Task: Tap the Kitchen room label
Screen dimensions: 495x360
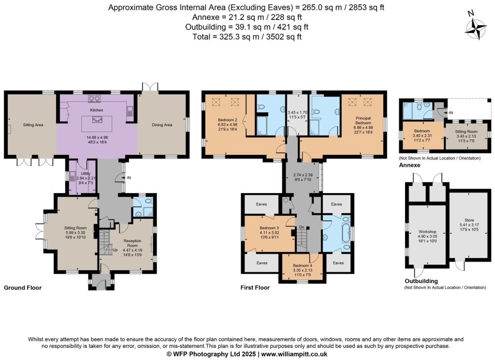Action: click(97, 110)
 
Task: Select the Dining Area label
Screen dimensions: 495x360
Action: click(162, 125)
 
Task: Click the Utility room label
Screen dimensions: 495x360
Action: click(86, 174)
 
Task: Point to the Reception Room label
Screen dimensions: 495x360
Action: click(132, 243)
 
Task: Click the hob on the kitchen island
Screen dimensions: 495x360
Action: click(97, 120)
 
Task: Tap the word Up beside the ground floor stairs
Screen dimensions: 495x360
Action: click(115, 250)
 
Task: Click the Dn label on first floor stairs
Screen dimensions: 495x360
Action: click(302, 227)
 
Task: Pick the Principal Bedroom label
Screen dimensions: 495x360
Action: click(364, 120)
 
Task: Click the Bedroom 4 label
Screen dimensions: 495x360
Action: click(303, 266)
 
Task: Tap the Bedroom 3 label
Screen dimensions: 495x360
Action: click(269, 228)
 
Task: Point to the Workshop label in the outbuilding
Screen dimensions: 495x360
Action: click(427, 232)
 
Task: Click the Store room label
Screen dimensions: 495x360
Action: click(469, 220)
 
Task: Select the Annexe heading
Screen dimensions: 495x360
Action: click(409, 165)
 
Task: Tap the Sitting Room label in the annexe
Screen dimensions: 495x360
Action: click(466, 132)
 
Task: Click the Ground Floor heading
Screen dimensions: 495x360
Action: click(23, 287)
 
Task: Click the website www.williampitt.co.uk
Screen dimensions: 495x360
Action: click(294, 354)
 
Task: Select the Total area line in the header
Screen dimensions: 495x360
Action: click(247, 37)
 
